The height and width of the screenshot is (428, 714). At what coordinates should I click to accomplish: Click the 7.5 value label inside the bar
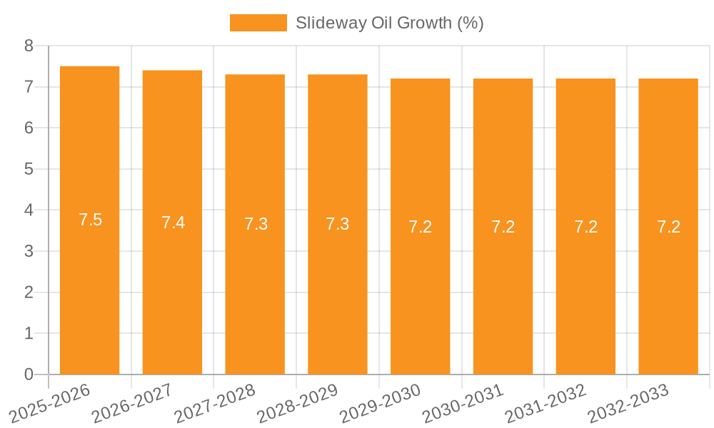(x=90, y=220)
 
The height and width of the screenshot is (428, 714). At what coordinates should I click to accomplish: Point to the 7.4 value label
(x=173, y=223)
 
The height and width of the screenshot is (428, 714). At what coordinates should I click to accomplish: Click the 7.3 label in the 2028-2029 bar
(x=338, y=224)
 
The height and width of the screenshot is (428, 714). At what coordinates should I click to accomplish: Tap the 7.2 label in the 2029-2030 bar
(x=421, y=227)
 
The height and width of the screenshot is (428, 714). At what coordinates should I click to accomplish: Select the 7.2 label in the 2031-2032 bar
(x=585, y=227)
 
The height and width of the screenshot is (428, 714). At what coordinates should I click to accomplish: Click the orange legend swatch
(x=258, y=23)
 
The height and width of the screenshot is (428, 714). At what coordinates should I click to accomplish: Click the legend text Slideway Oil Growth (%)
(x=389, y=23)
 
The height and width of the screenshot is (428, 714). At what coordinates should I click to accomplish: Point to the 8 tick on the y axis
(x=29, y=46)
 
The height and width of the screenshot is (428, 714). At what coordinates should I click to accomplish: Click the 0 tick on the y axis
(x=29, y=374)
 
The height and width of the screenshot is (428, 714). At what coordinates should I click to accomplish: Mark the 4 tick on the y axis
(x=29, y=210)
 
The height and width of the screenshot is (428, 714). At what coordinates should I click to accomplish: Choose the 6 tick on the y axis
(x=29, y=128)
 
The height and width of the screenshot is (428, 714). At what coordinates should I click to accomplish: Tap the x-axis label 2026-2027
(x=131, y=404)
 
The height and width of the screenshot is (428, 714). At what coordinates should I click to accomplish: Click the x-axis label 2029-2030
(x=380, y=404)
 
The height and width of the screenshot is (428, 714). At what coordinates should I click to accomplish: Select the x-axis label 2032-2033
(x=628, y=404)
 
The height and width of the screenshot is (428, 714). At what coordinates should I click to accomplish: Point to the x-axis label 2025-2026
(x=49, y=404)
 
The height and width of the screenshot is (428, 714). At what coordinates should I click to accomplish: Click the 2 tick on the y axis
(x=29, y=292)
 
